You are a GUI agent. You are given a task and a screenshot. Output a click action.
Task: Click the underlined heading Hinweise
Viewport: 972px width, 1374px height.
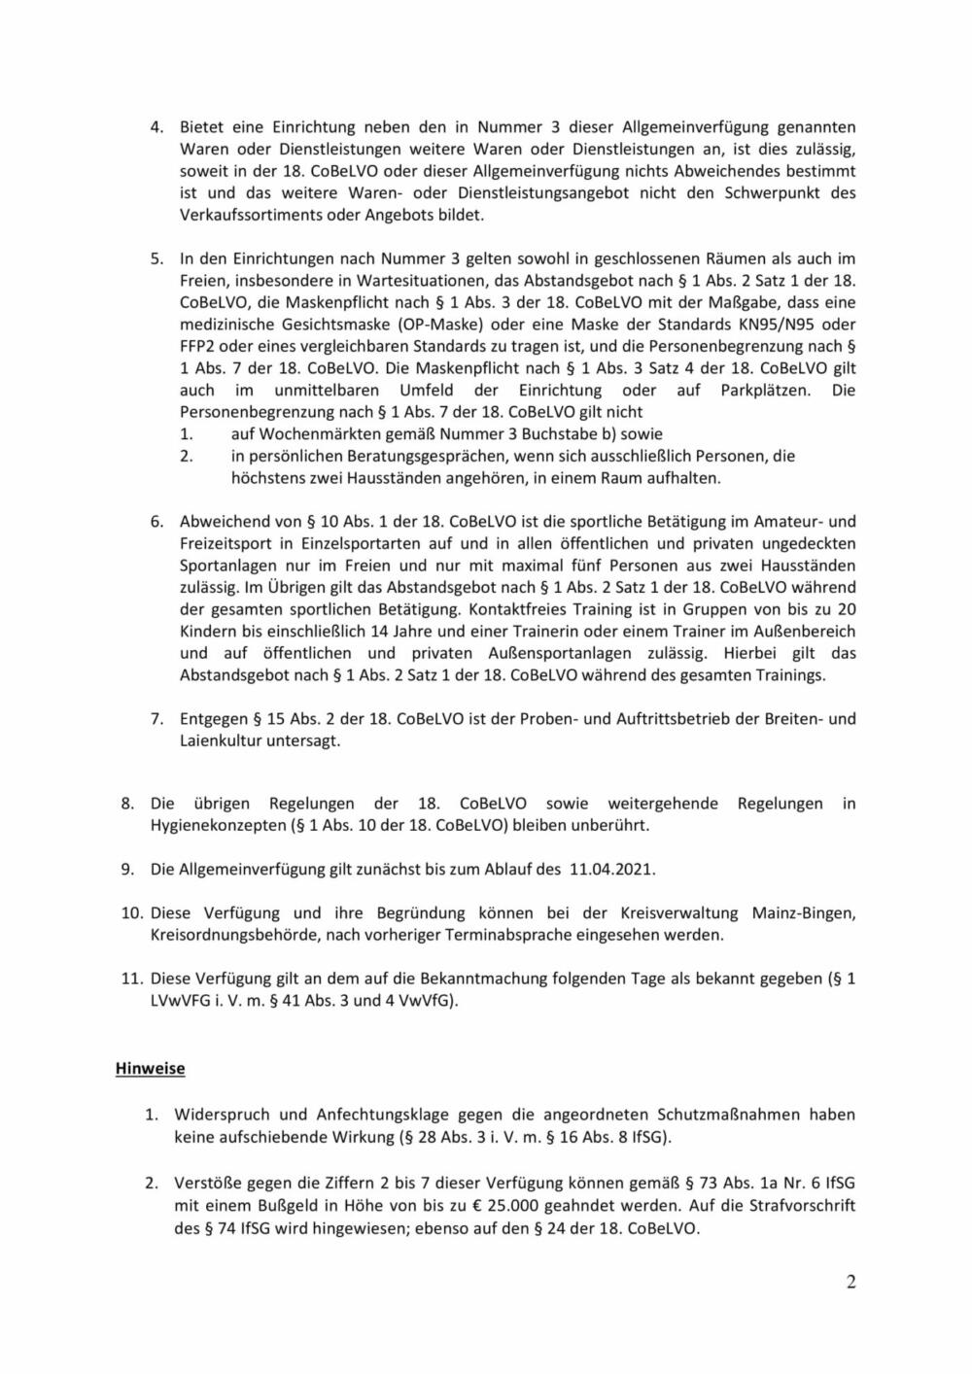(x=150, y=1068)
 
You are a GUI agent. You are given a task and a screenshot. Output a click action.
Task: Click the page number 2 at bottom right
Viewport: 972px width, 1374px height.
(x=851, y=1282)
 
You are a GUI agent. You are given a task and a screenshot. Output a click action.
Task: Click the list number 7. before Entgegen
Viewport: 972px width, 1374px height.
(x=156, y=719)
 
